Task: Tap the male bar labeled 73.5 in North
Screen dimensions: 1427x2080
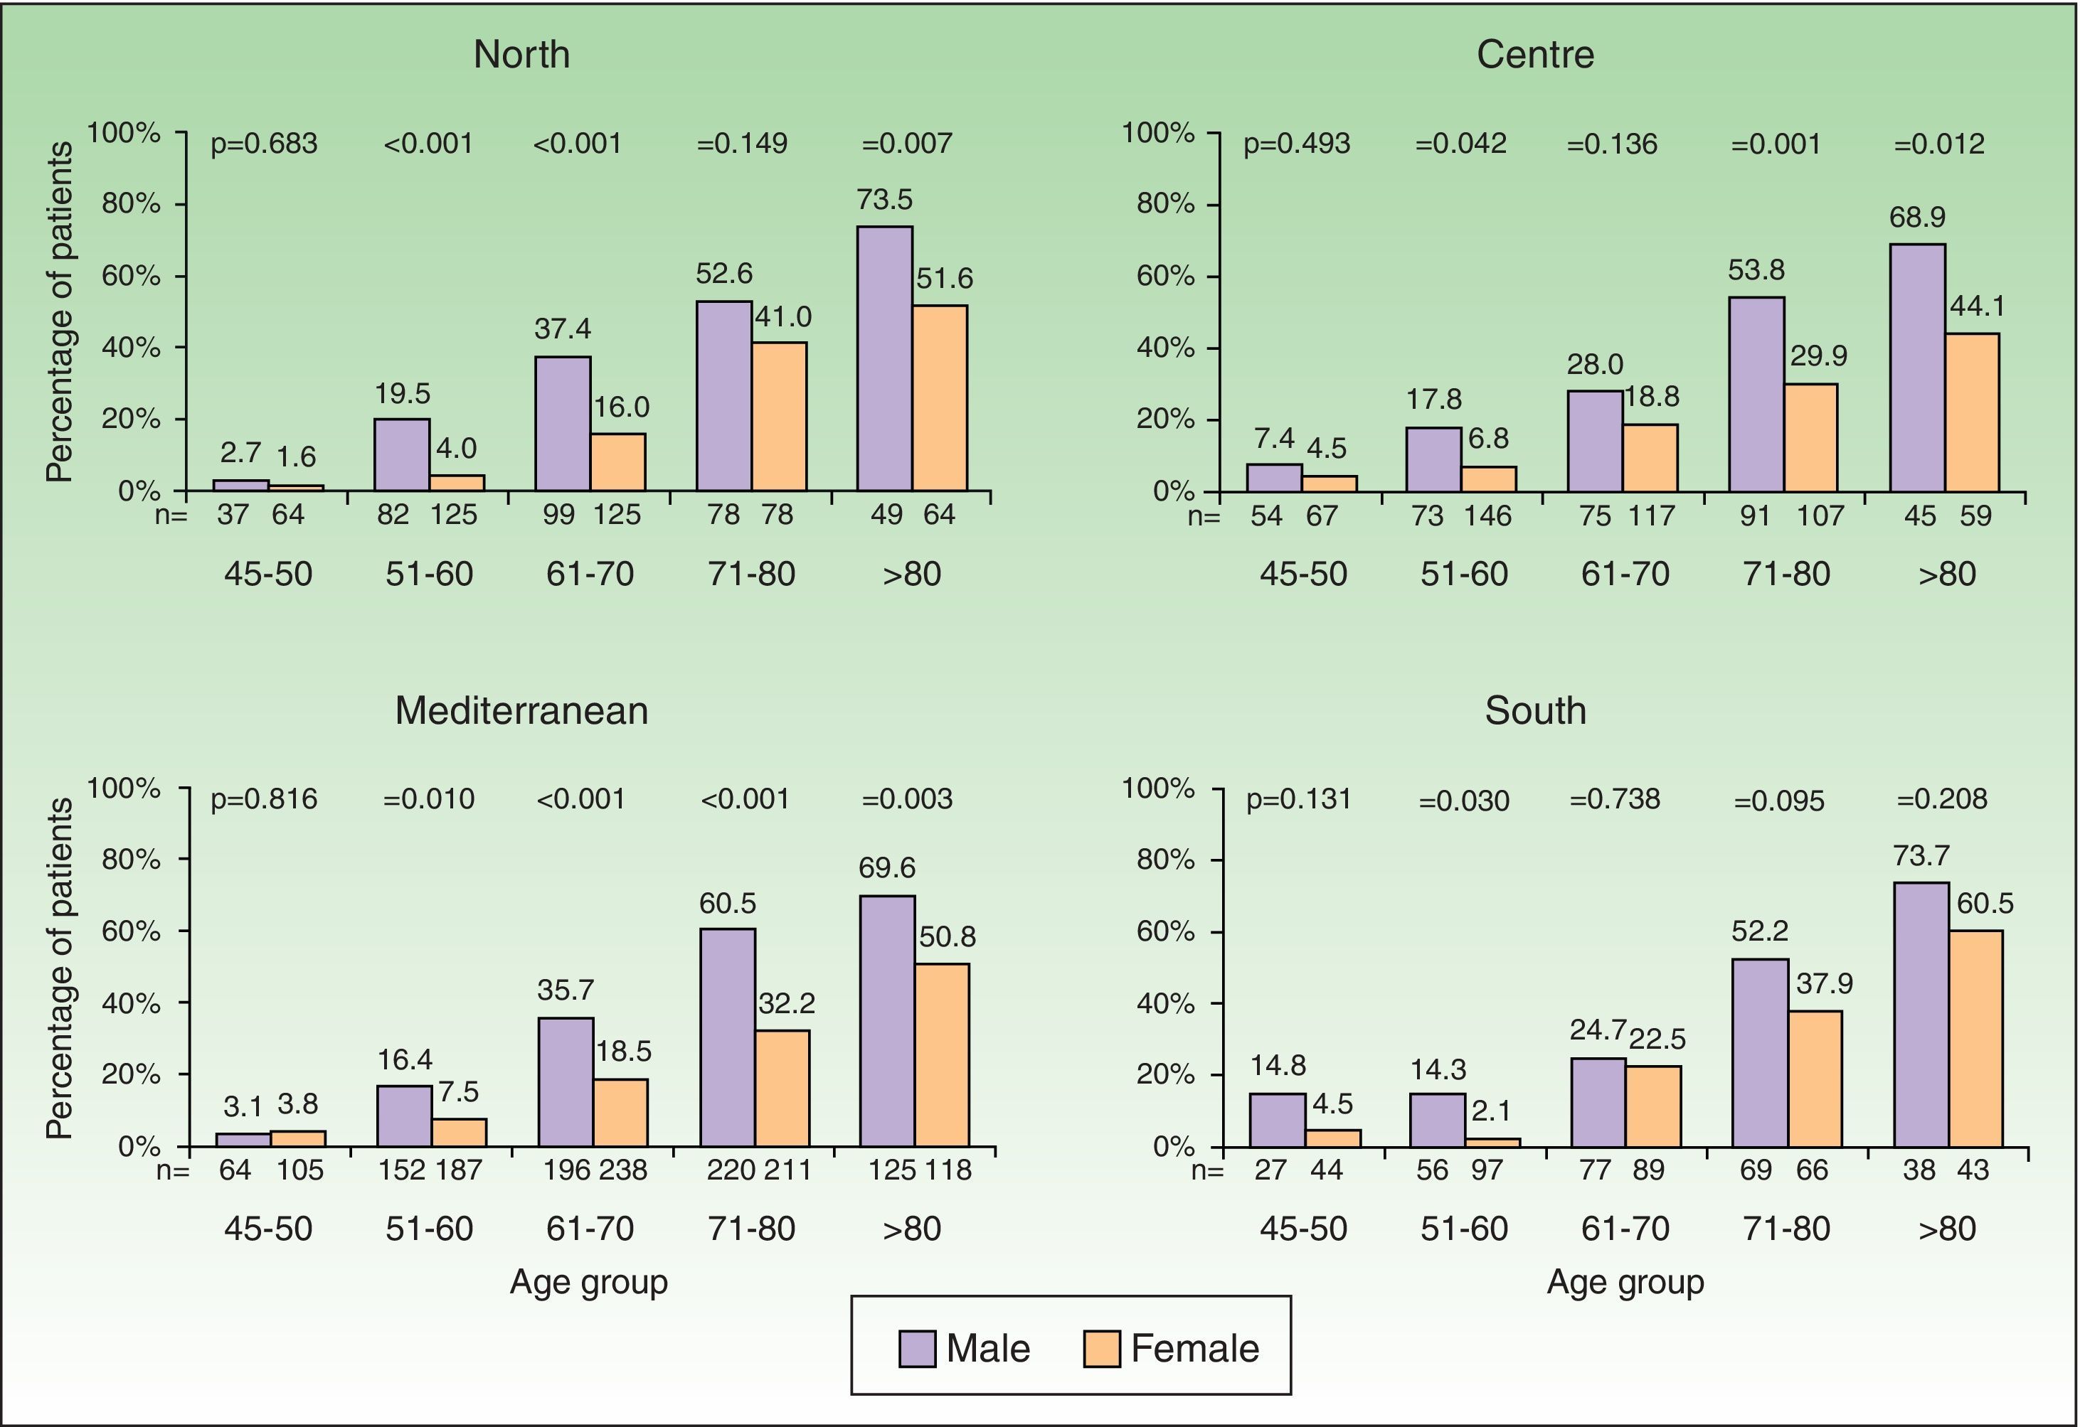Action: [x=884, y=358]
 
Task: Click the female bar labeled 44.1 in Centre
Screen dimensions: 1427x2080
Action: [x=1972, y=412]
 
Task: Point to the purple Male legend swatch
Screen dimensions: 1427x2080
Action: [x=918, y=1348]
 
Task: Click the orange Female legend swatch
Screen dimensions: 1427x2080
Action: [x=1102, y=1348]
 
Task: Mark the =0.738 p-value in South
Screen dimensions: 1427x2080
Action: [x=1615, y=799]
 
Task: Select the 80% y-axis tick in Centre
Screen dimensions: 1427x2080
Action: [x=1165, y=204]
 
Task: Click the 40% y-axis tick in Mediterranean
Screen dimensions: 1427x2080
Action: [x=131, y=1003]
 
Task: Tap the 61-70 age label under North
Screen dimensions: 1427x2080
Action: [x=590, y=574]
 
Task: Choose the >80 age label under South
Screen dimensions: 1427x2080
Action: [x=1947, y=1229]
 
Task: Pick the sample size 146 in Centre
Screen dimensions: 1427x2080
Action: [x=1487, y=515]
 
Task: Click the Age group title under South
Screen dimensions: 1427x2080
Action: [x=1625, y=1282]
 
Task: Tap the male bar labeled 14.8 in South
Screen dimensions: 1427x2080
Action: [x=1277, y=1119]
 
